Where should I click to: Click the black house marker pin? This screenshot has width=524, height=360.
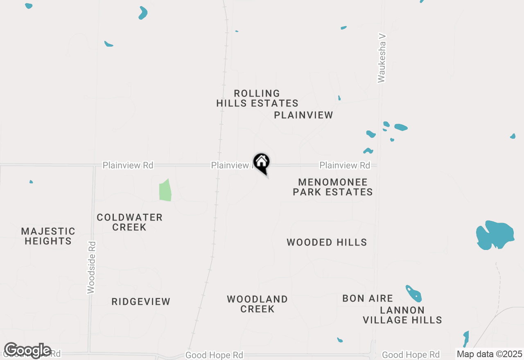(261, 162)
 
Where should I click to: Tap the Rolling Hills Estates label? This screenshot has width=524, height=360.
(257, 99)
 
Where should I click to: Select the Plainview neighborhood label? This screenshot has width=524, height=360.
(303, 115)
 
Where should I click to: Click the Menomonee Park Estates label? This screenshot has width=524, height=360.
(332, 187)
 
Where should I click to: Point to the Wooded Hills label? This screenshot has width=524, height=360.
(327, 243)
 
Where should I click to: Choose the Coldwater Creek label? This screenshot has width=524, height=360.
(129, 222)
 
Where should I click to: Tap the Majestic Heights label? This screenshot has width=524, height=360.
(48, 236)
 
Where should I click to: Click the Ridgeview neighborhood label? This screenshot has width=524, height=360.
(141, 302)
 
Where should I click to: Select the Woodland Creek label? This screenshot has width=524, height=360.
(257, 304)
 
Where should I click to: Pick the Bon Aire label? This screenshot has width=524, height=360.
(368, 299)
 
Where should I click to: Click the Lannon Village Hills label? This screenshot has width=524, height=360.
(402, 315)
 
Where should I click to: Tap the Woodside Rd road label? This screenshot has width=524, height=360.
(91, 268)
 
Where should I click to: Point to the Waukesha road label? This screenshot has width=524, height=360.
(382, 58)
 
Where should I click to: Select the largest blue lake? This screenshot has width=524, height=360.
(495, 235)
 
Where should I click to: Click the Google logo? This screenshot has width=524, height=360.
(27, 350)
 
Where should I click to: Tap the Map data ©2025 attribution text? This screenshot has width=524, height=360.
(489, 354)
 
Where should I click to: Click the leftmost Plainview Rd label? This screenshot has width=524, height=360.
(128, 165)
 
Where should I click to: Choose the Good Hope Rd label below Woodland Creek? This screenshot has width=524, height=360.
(214, 355)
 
